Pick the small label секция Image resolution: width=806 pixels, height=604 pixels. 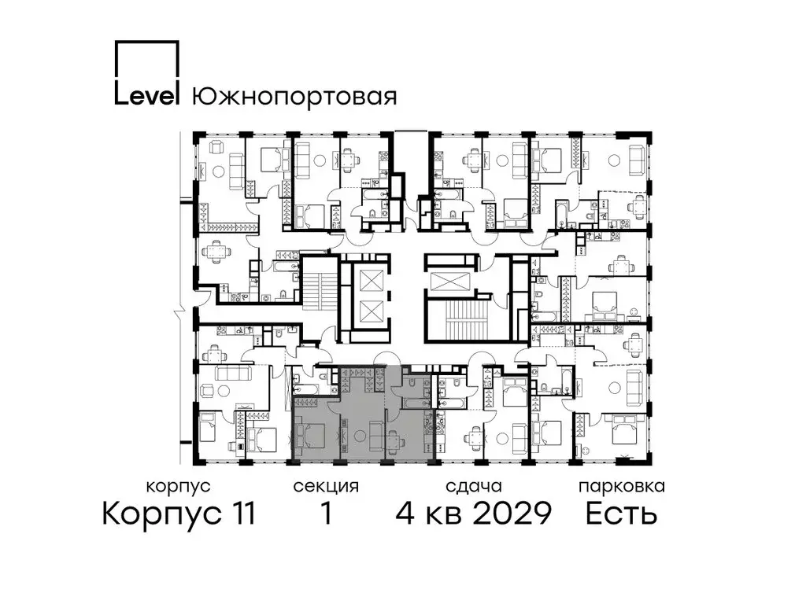click(325, 486)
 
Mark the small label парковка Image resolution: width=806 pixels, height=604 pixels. click(621, 486)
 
